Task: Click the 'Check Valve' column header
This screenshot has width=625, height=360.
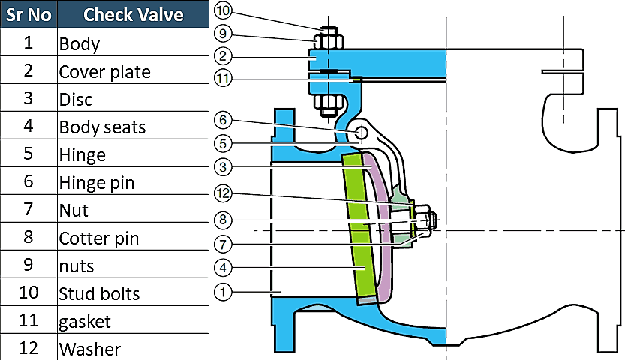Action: pyautogui.click(x=134, y=14)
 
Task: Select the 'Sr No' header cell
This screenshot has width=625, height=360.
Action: pyautogui.click(x=29, y=14)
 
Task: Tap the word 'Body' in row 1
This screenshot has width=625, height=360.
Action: pyautogui.click(x=79, y=43)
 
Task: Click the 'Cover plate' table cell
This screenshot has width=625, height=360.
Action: pyautogui.click(x=104, y=71)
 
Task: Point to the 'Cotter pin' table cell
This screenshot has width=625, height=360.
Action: pyautogui.click(x=99, y=238)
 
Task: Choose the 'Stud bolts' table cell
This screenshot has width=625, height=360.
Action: pyautogui.click(x=99, y=293)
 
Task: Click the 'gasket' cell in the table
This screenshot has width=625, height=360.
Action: pyautogui.click(x=85, y=321)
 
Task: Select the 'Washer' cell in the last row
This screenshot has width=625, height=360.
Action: pyautogui.click(x=89, y=349)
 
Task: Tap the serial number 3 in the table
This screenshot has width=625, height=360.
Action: pyautogui.click(x=29, y=98)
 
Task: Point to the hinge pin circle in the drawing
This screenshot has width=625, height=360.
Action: pyautogui.click(x=362, y=132)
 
